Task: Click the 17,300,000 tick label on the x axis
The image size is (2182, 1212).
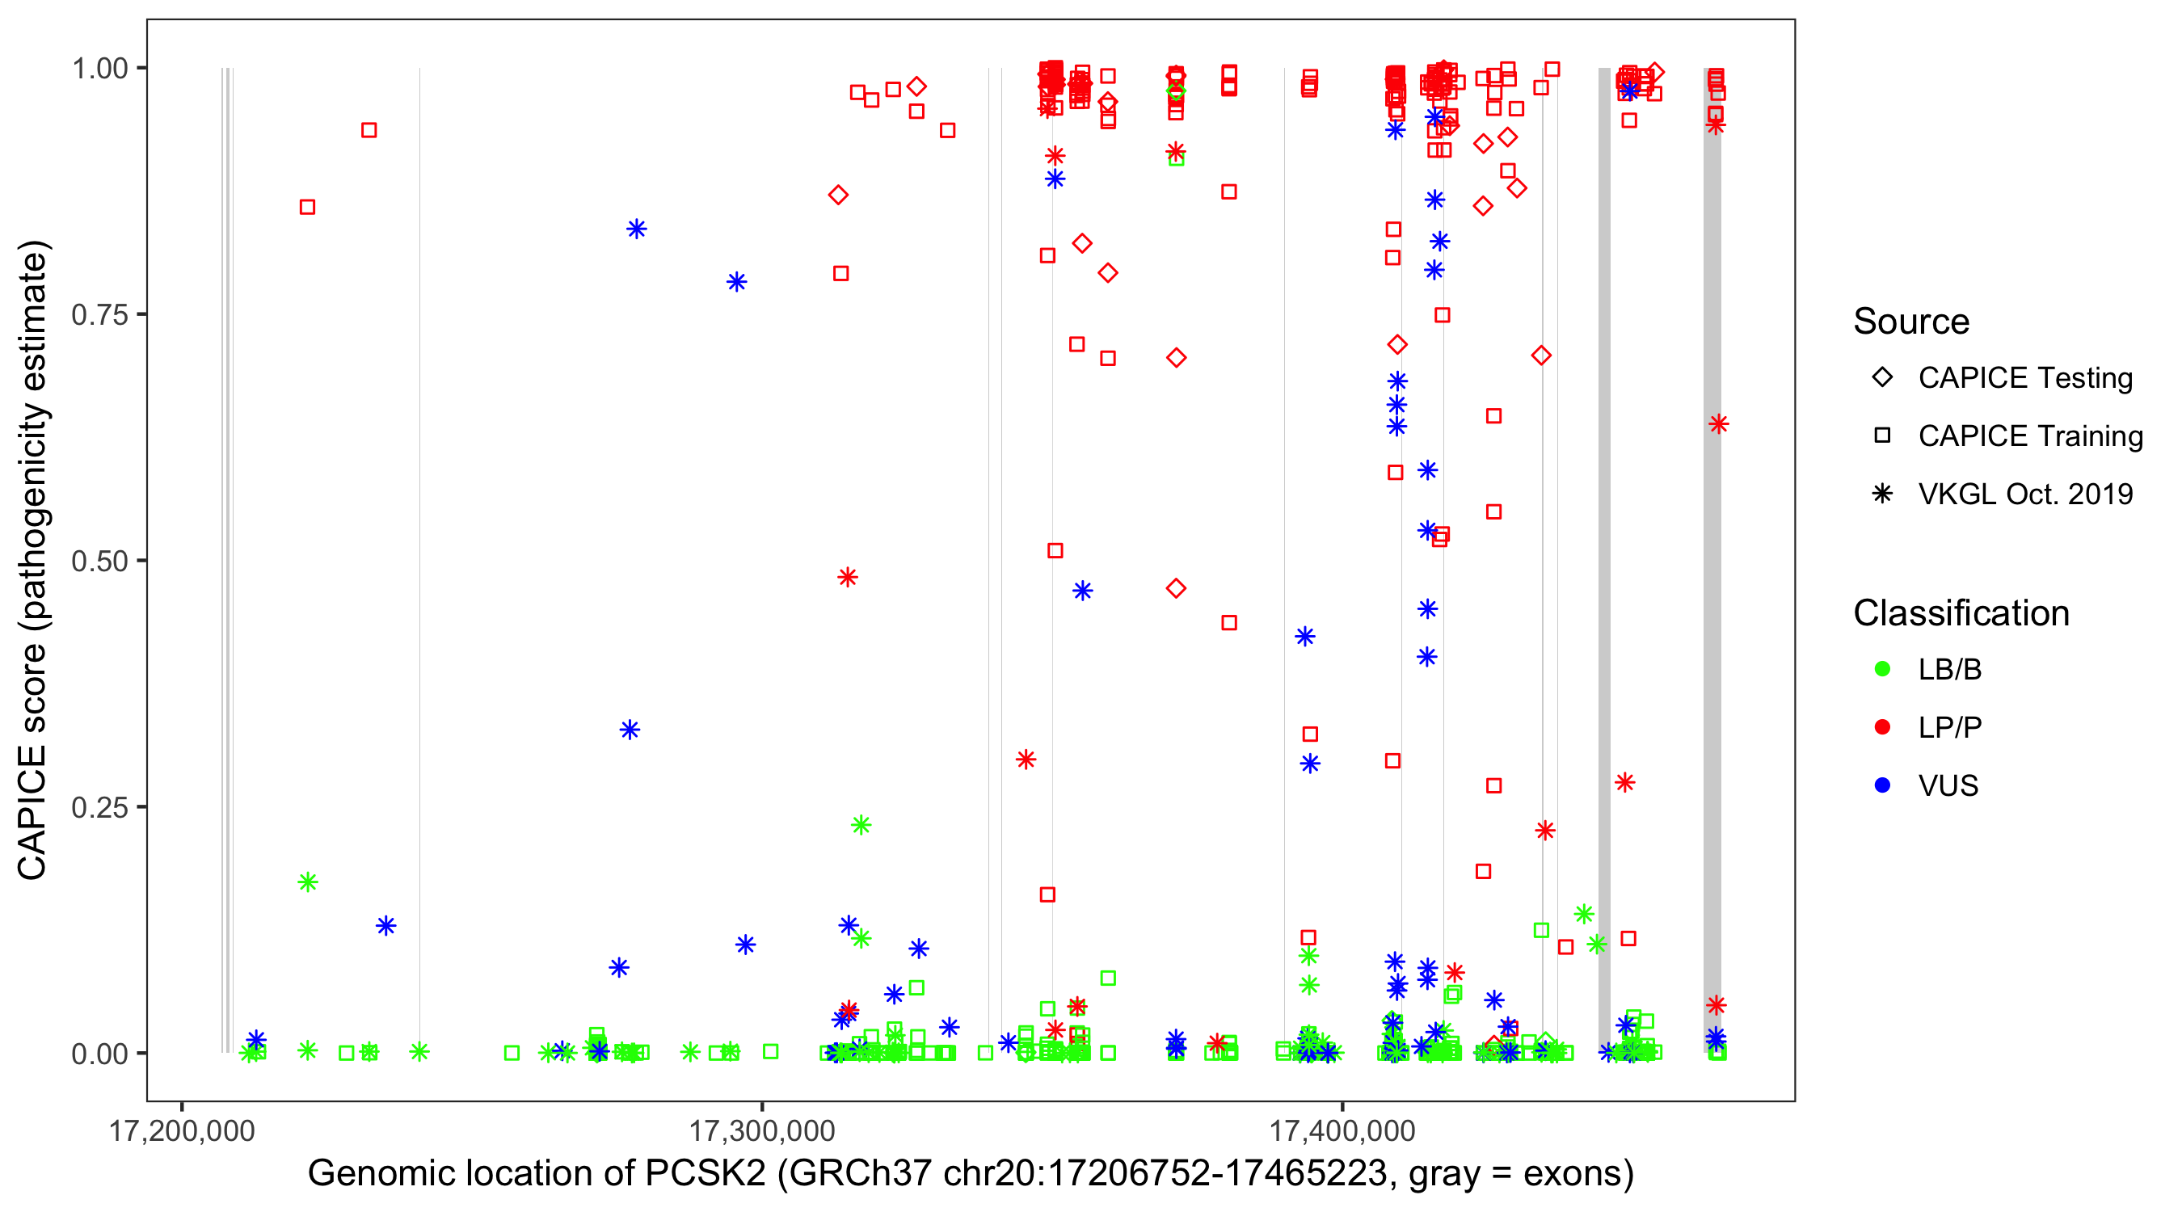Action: click(x=761, y=1131)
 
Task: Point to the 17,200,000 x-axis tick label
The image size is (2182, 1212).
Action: click(x=181, y=1131)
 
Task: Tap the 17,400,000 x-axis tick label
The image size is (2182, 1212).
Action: click(x=1342, y=1131)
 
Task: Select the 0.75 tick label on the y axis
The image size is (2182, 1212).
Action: click(x=99, y=315)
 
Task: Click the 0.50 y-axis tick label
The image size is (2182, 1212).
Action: click(x=99, y=562)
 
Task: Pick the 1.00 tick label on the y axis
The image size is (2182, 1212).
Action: click(x=99, y=69)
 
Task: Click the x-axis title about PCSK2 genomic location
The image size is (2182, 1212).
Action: click(x=970, y=1174)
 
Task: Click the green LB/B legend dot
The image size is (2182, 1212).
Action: click(x=1882, y=670)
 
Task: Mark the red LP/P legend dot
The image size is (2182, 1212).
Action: click(x=1882, y=727)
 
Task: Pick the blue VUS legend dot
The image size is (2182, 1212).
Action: click(x=1882, y=786)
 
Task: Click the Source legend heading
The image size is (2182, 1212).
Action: click(x=1911, y=322)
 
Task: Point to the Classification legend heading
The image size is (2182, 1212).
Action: click(x=1961, y=613)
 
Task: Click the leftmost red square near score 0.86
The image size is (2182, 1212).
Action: click(x=307, y=208)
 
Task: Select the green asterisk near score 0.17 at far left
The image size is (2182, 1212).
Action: click(x=307, y=882)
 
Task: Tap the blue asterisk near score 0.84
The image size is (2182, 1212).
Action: click(x=636, y=229)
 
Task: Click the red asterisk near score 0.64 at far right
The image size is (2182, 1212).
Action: click(x=1718, y=424)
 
